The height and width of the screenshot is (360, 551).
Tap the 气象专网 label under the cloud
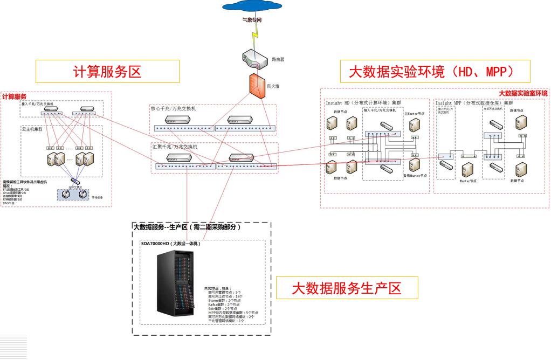point(252,20)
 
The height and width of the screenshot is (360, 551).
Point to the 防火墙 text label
point(273,86)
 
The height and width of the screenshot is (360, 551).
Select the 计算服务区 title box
point(107,71)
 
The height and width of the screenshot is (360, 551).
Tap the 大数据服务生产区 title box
point(347,288)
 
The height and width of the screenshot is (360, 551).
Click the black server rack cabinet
point(176,286)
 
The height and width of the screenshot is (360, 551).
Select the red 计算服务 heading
point(15,97)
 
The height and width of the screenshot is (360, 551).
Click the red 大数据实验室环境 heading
point(522,93)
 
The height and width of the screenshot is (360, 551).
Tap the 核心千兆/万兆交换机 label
point(174,108)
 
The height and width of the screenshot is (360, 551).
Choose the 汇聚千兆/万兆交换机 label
point(175,147)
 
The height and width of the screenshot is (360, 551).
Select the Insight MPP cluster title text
point(474,103)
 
